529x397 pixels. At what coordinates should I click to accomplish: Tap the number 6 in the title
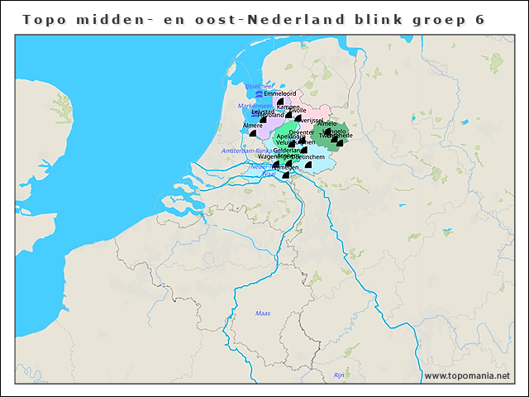point(479,18)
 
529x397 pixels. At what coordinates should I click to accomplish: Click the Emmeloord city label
point(279,94)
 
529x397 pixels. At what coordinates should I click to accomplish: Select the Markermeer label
point(251,106)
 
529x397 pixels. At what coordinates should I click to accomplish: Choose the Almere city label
point(253,126)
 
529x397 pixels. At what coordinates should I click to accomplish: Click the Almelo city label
point(327,123)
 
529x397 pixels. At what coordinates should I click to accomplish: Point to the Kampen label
point(288,107)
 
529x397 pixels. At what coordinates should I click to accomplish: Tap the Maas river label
point(263,313)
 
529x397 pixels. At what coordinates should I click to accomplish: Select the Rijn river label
point(338,375)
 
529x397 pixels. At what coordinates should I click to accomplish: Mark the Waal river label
point(269,174)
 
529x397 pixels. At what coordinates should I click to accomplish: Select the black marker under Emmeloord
point(278,103)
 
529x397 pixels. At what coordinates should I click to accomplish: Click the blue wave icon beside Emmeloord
point(259,95)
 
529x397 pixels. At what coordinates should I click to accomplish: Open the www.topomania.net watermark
point(467,375)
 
